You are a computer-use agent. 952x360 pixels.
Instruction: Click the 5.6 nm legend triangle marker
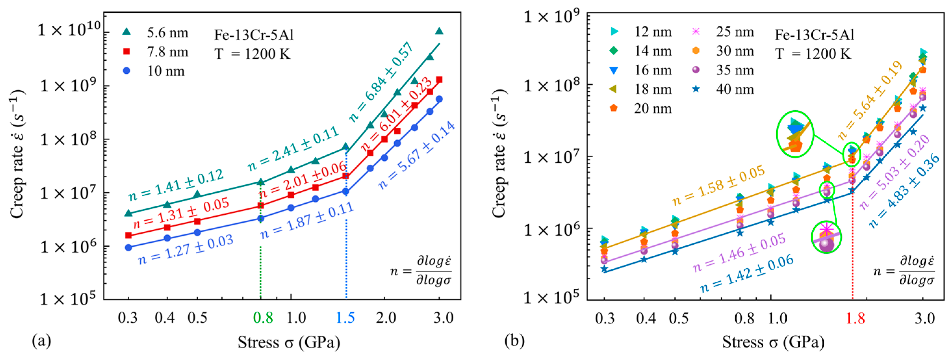point(127,32)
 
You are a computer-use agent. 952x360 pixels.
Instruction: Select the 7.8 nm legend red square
point(127,51)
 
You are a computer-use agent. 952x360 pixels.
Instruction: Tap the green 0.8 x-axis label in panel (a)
point(263,317)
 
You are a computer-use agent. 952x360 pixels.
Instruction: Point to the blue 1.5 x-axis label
point(346,317)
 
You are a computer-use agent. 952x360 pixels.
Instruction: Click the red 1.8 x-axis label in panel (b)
point(855,318)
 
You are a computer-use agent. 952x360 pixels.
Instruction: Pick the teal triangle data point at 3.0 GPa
point(439,31)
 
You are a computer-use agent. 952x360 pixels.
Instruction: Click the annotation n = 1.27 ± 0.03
point(186,250)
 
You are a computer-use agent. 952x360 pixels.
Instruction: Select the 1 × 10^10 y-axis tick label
point(69,29)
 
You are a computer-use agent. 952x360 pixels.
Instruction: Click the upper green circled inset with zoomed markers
point(795,134)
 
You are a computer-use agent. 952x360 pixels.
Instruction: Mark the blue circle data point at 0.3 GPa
point(129,247)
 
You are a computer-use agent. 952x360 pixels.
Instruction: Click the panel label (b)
point(514,340)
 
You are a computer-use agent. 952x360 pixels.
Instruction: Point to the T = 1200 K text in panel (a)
point(252,54)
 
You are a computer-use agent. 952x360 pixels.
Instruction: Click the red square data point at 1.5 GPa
point(346,176)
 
